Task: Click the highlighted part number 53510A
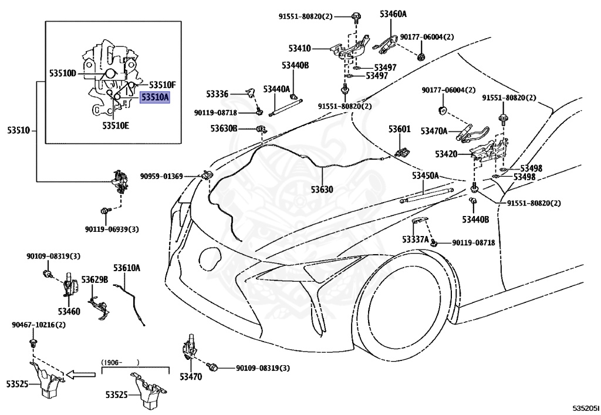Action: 154,97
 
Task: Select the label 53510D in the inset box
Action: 63,73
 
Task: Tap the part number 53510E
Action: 116,125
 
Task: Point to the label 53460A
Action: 393,14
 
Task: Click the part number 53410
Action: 299,48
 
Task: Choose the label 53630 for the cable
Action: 322,189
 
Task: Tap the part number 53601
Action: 399,129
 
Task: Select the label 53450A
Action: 426,176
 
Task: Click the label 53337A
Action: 416,239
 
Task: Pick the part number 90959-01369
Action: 161,176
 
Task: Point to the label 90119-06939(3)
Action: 112,229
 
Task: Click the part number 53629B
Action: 94,280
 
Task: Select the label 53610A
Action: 127,268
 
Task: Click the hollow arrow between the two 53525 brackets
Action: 81,374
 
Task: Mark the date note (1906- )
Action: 120,362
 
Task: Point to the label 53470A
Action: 434,131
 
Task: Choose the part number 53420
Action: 446,154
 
